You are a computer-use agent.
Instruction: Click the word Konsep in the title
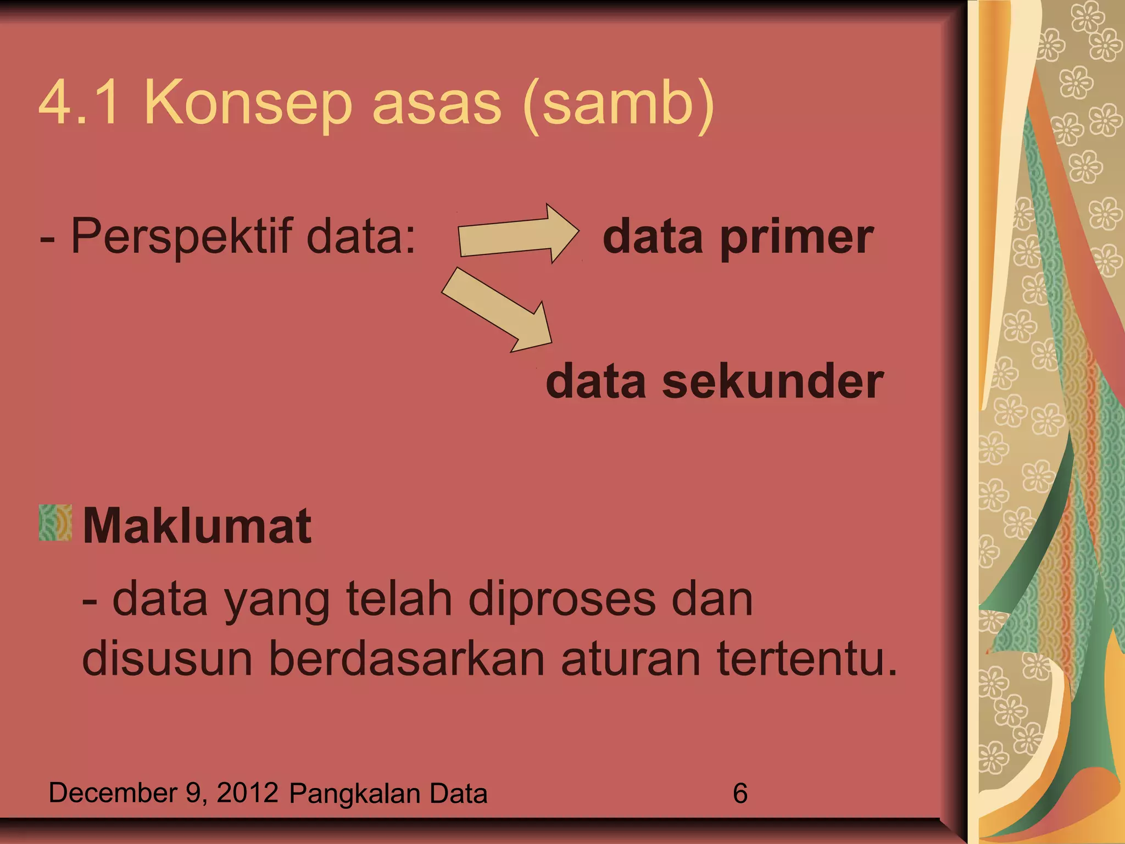point(247,103)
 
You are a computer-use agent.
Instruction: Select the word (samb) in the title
point(619,104)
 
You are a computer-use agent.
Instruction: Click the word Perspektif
point(182,236)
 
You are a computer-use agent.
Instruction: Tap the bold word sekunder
point(772,382)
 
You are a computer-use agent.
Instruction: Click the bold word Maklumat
point(197,526)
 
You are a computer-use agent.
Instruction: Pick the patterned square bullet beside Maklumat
point(55,523)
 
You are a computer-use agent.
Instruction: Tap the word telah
point(399,599)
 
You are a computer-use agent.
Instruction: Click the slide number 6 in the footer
point(740,793)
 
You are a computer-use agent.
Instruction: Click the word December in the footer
point(113,793)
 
